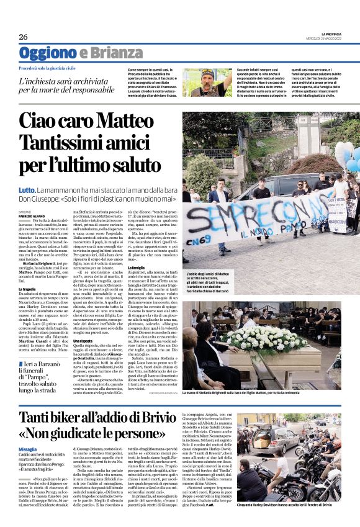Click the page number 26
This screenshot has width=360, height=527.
tap(23, 37)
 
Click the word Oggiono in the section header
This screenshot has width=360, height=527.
tap(47, 53)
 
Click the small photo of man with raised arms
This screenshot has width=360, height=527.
tap(207, 83)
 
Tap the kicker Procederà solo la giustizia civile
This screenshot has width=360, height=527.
tap(56, 67)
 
